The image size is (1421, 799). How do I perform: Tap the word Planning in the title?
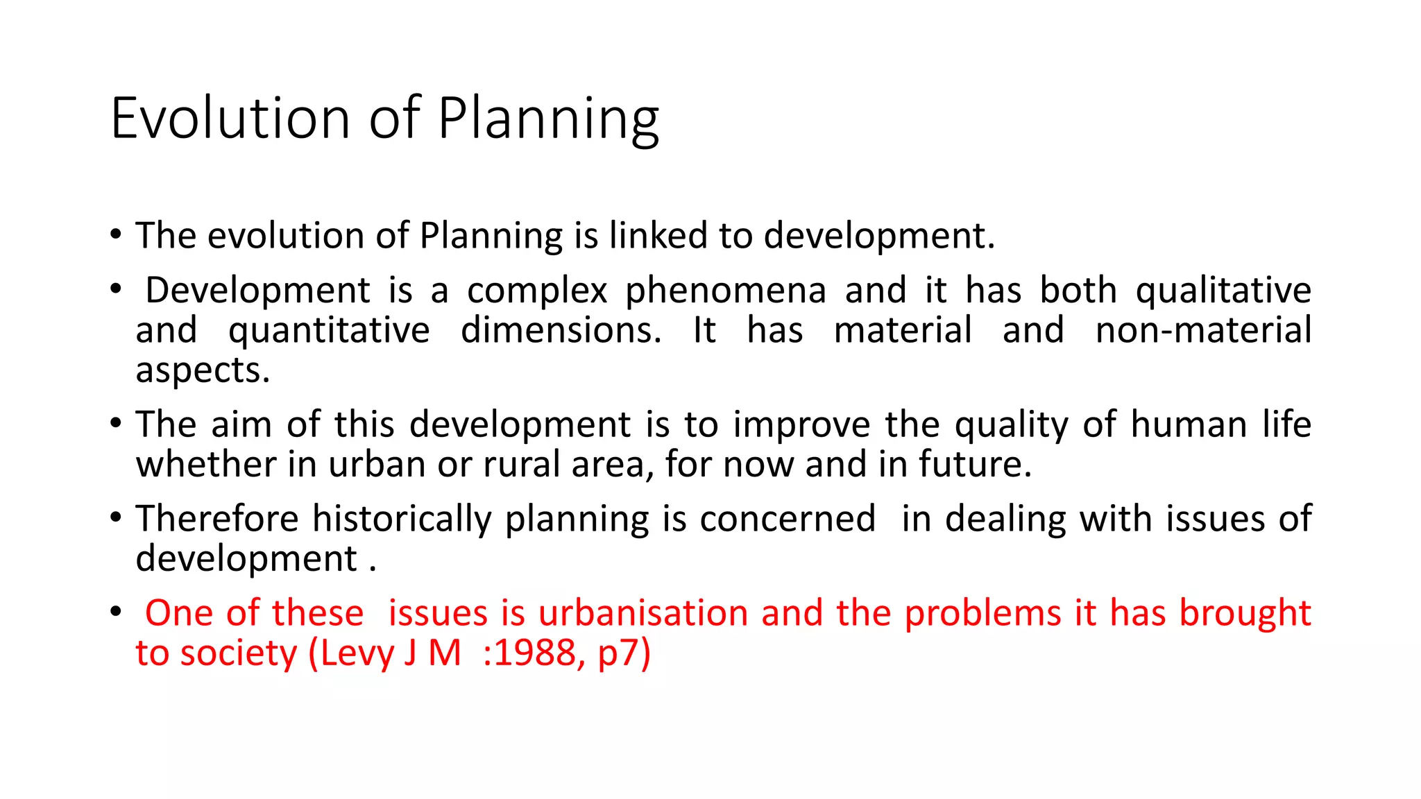point(548,119)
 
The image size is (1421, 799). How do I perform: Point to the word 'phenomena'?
point(726,291)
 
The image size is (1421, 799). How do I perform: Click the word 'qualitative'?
point(1223,291)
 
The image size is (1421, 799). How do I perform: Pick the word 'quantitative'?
point(329,331)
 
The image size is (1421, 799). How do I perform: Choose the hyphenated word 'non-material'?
point(1203,330)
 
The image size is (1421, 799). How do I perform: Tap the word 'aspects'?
point(202,371)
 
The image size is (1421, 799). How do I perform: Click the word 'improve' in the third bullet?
point(801,424)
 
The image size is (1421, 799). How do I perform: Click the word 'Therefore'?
point(217,519)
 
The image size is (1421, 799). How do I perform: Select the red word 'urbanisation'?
point(643,614)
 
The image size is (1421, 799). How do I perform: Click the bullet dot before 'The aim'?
point(115,423)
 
